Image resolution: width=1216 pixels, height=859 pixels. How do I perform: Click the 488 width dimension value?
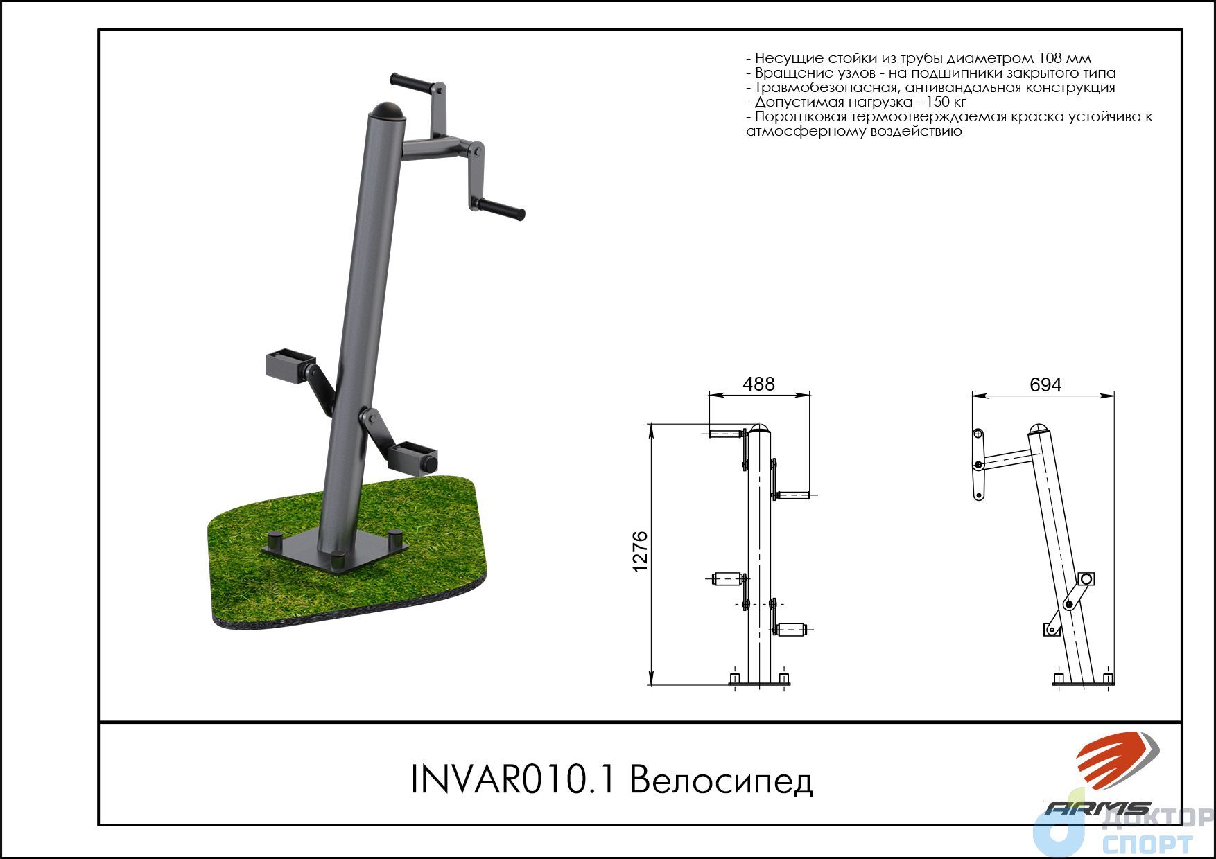tap(758, 384)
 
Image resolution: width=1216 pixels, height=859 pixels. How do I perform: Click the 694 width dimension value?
tap(1045, 384)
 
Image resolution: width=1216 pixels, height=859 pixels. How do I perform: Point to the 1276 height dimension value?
tap(640, 551)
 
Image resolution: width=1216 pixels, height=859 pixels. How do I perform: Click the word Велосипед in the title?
tap(721, 780)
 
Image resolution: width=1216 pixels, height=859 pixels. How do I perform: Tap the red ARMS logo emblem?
tap(1116, 761)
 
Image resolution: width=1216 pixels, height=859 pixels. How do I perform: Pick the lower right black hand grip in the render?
tap(501, 209)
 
